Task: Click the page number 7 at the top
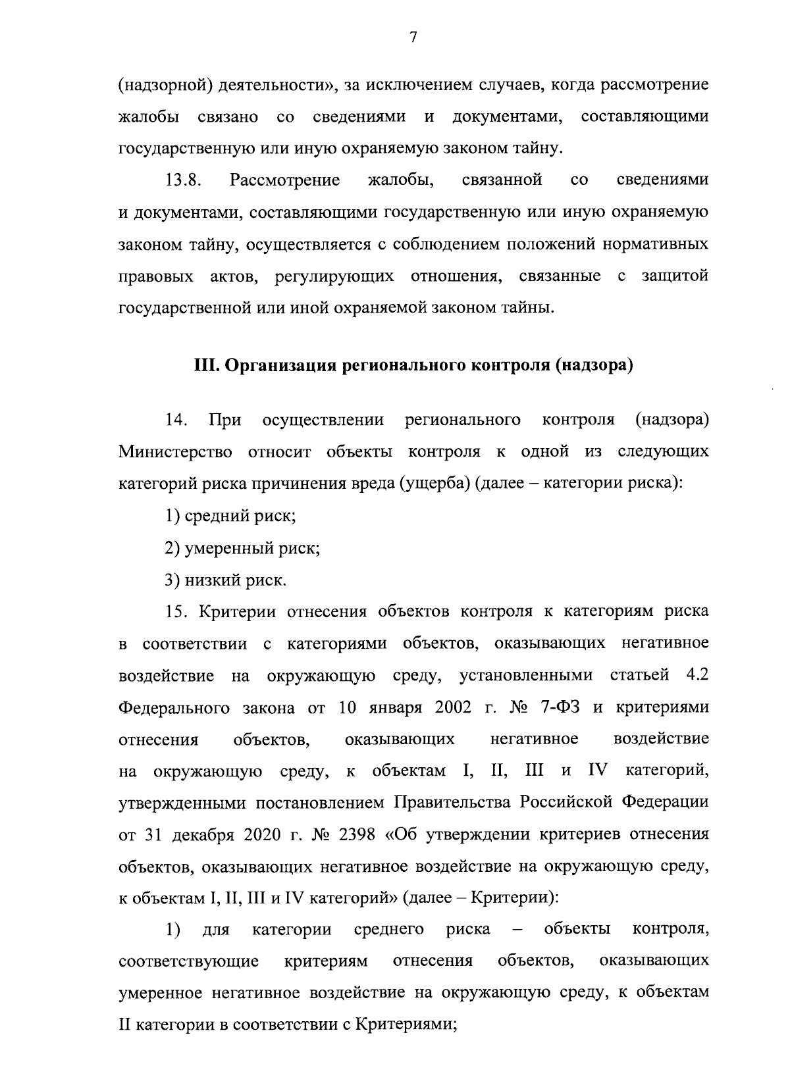pos(413,38)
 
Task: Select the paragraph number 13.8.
pos(182,180)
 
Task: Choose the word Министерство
pos(176,452)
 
